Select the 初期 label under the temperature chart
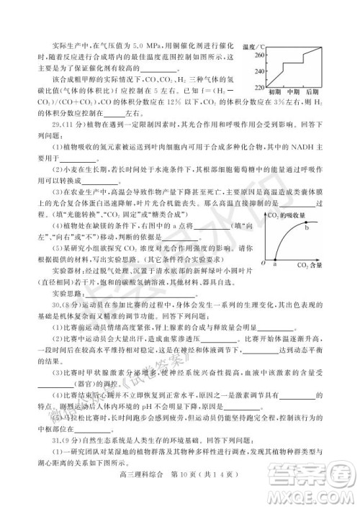(274, 94)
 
